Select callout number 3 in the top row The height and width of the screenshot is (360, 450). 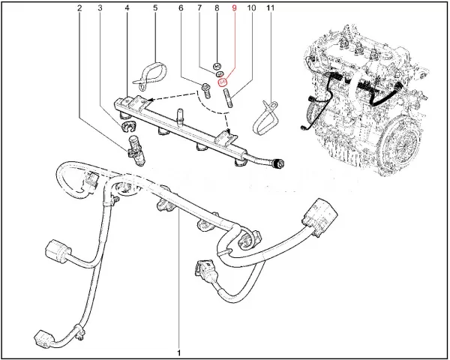102,9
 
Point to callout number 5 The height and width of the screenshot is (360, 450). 155,9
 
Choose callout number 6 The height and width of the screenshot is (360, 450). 181,9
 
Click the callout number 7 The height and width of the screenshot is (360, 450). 199,9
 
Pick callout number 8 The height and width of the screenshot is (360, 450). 216,9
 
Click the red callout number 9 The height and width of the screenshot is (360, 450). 233,9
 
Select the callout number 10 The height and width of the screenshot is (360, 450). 250,9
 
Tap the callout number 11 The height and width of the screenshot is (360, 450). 270,9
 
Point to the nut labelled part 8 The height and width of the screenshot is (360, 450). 215,65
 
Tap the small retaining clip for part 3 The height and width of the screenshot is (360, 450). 121,123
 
